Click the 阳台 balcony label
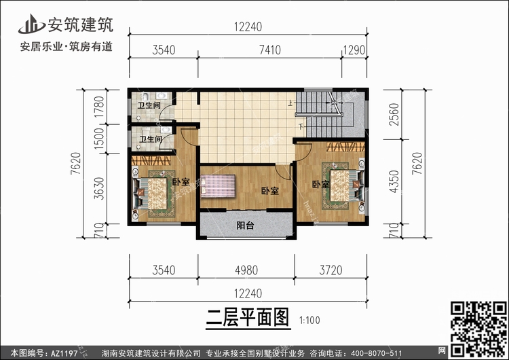pos(245,225)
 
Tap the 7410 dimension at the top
pos(269,50)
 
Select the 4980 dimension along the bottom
pos(246,270)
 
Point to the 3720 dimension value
pos(331,270)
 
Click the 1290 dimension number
pos(354,50)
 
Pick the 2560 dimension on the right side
pos(394,114)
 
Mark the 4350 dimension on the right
pos(394,181)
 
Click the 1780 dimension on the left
pos(99,107)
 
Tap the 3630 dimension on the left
pos(99,188)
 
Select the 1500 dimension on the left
pos(99,139)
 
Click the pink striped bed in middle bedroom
pos(218,186)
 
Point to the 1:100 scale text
pos(309,321)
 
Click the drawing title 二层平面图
pos(248,317)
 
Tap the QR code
pos(479,329)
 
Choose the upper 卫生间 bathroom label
pos(149,105)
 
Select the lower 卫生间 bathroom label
pos(151,139)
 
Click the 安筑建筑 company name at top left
pos(81,24)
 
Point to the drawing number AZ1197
pos(64,353)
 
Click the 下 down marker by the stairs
pos(301,126)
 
